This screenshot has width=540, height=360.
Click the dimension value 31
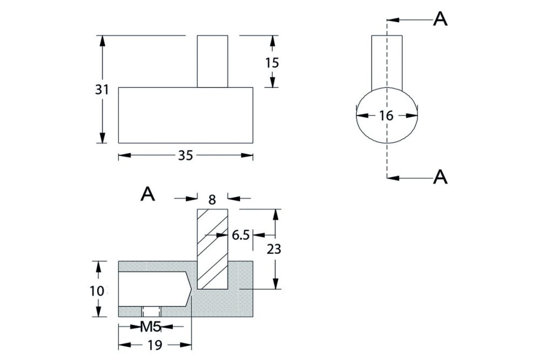tap(102, 90)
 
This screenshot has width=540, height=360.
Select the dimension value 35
tap(185, 156)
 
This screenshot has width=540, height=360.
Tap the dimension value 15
tap(272, 63)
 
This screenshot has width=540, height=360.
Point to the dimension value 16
tap(387, 115)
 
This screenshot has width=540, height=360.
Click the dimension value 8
tap(212, 200)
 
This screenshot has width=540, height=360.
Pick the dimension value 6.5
tap(240, 235)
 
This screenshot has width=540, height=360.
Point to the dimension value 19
tap(155, 345)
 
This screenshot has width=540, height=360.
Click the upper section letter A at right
tap(441, 19)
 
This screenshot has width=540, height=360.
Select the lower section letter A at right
tap(441, 176)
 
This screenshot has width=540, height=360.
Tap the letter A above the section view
tap(147, 194)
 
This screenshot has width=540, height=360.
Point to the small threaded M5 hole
tap(151, 312)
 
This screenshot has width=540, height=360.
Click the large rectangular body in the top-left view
tap(185, 115)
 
